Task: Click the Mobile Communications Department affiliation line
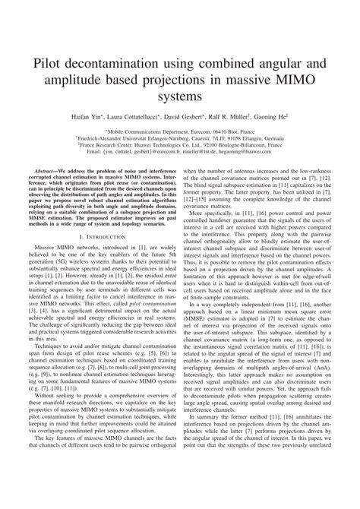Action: (180, 133)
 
